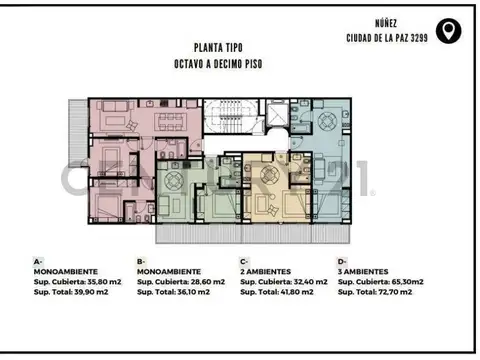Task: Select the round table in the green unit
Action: [172, 182]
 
